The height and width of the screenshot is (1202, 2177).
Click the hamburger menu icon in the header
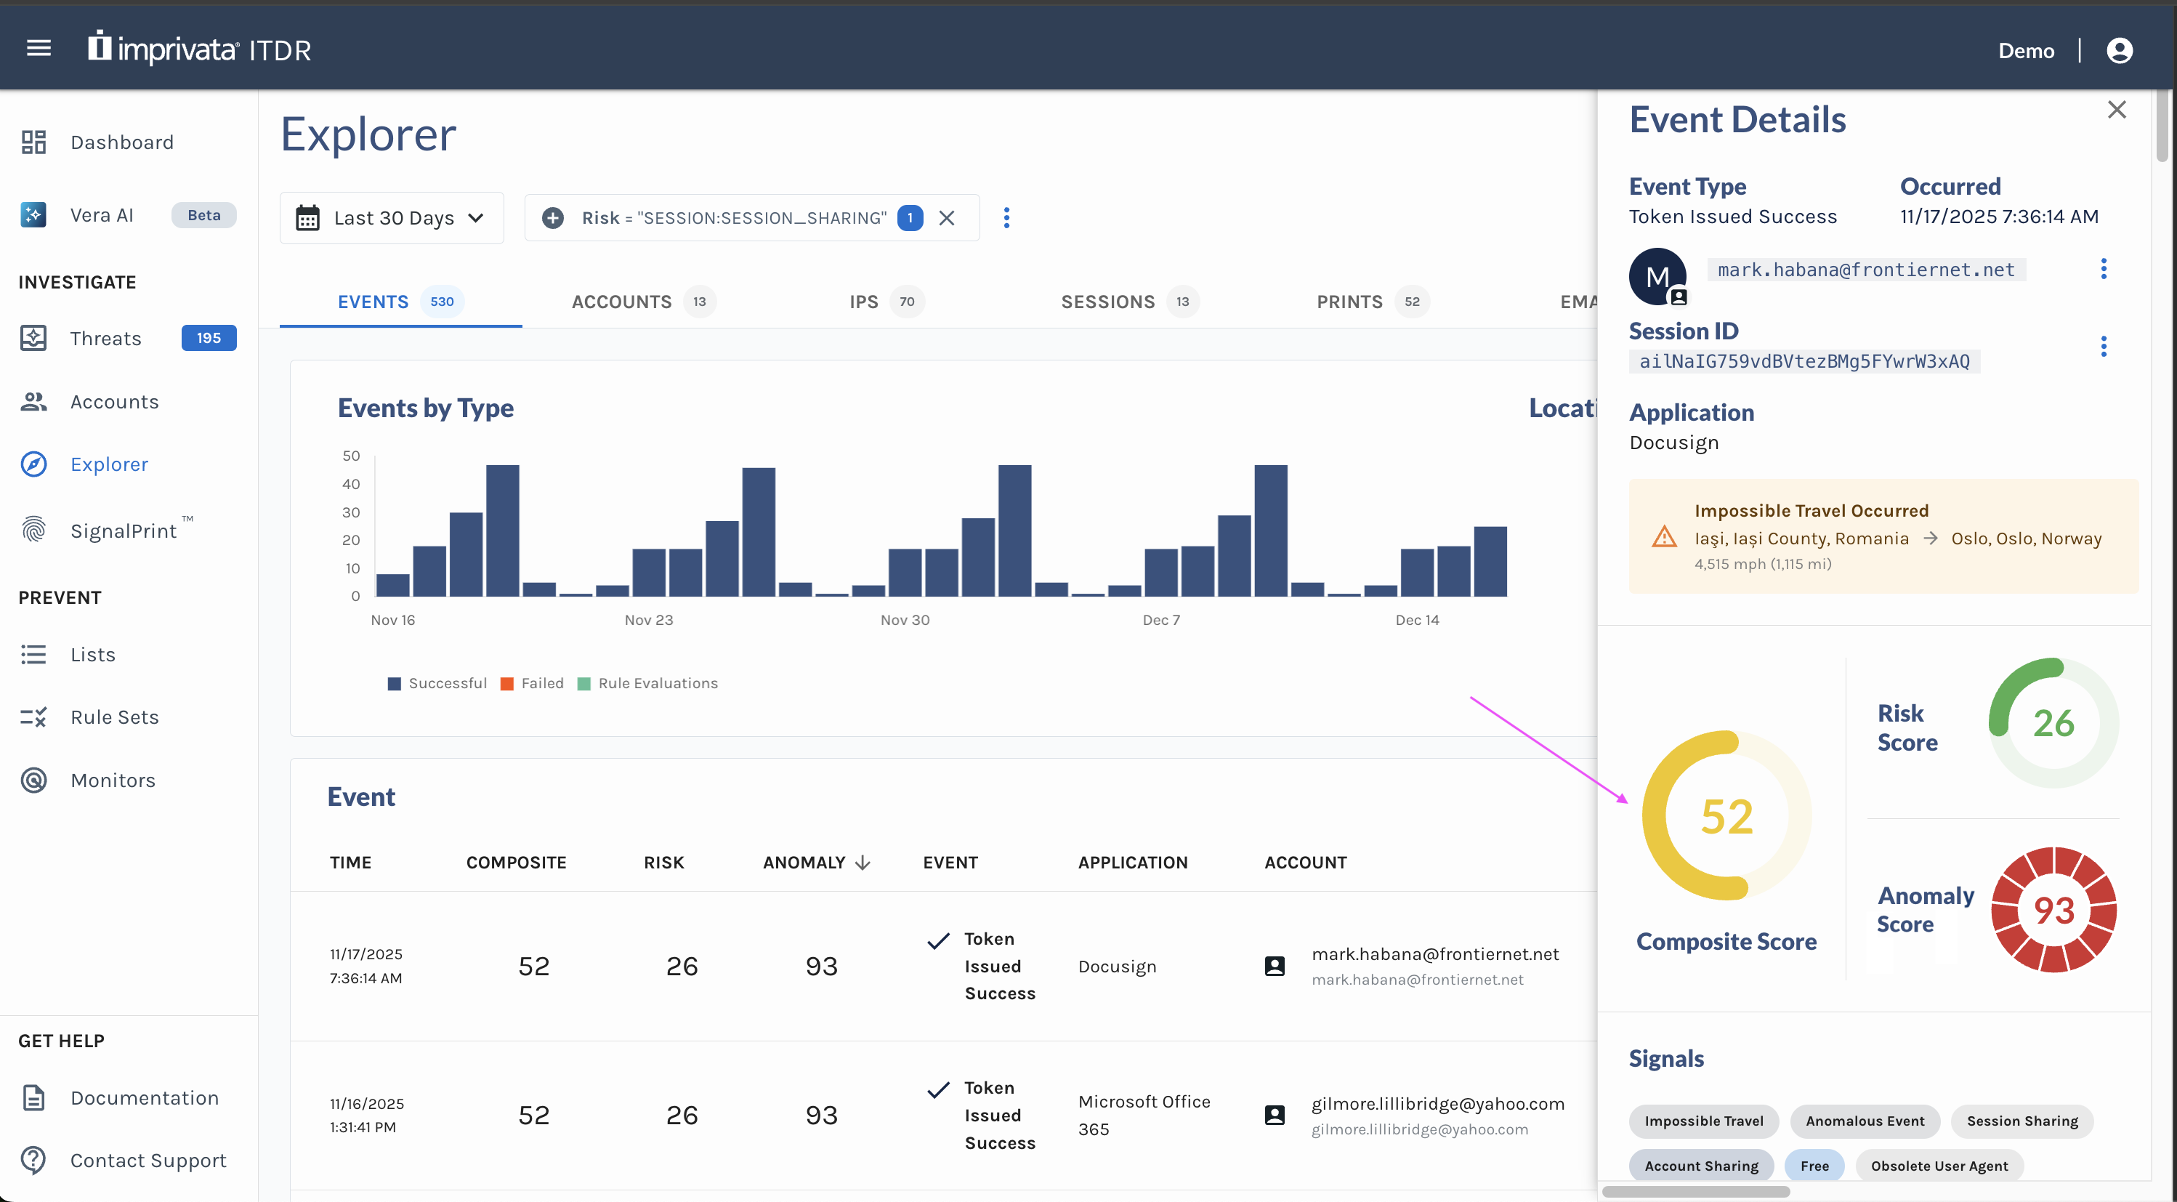(x=39, y=49)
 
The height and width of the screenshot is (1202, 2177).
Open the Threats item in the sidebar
(x=105, y=338)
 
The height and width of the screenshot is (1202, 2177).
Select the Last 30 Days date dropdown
(x=391, y=218)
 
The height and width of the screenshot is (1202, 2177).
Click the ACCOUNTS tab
(x=622, y=302)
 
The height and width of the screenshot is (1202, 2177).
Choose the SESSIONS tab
(x=1107, y=302)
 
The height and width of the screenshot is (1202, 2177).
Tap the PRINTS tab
(x=1349, y=302)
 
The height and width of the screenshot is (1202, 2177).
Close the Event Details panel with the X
(x=2116, y=110)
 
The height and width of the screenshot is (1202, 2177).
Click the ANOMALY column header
(x=804, y=862)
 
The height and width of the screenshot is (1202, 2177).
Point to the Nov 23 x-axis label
(x=648, y=620)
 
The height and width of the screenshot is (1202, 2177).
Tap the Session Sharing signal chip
(x=2022, y=1121)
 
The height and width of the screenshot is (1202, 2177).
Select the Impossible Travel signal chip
(x=1703, y=1121)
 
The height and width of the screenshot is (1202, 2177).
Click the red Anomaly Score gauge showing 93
(x=2053, y=910)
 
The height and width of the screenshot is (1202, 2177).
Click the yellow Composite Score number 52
(x=1726, y=817)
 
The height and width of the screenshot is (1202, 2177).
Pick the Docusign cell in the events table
(x=1116, y=966)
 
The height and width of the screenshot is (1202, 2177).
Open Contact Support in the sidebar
(x=148, y=1161)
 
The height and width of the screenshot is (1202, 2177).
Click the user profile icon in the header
(x=2120, y=51)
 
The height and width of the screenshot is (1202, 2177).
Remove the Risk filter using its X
(x=947, y=218)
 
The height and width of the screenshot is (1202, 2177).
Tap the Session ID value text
(x=1804, y=362)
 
